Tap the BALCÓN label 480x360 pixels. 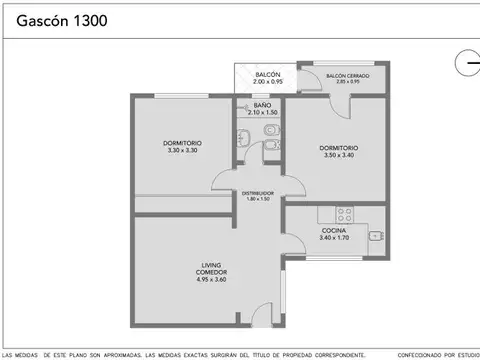[x=267, y=75]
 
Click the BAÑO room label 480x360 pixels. [x=261, y=105]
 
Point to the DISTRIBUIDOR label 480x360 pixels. [x=257, y=193]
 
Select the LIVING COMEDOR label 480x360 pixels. [x=210, y=270]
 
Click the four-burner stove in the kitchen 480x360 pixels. [x=345, y=213]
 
